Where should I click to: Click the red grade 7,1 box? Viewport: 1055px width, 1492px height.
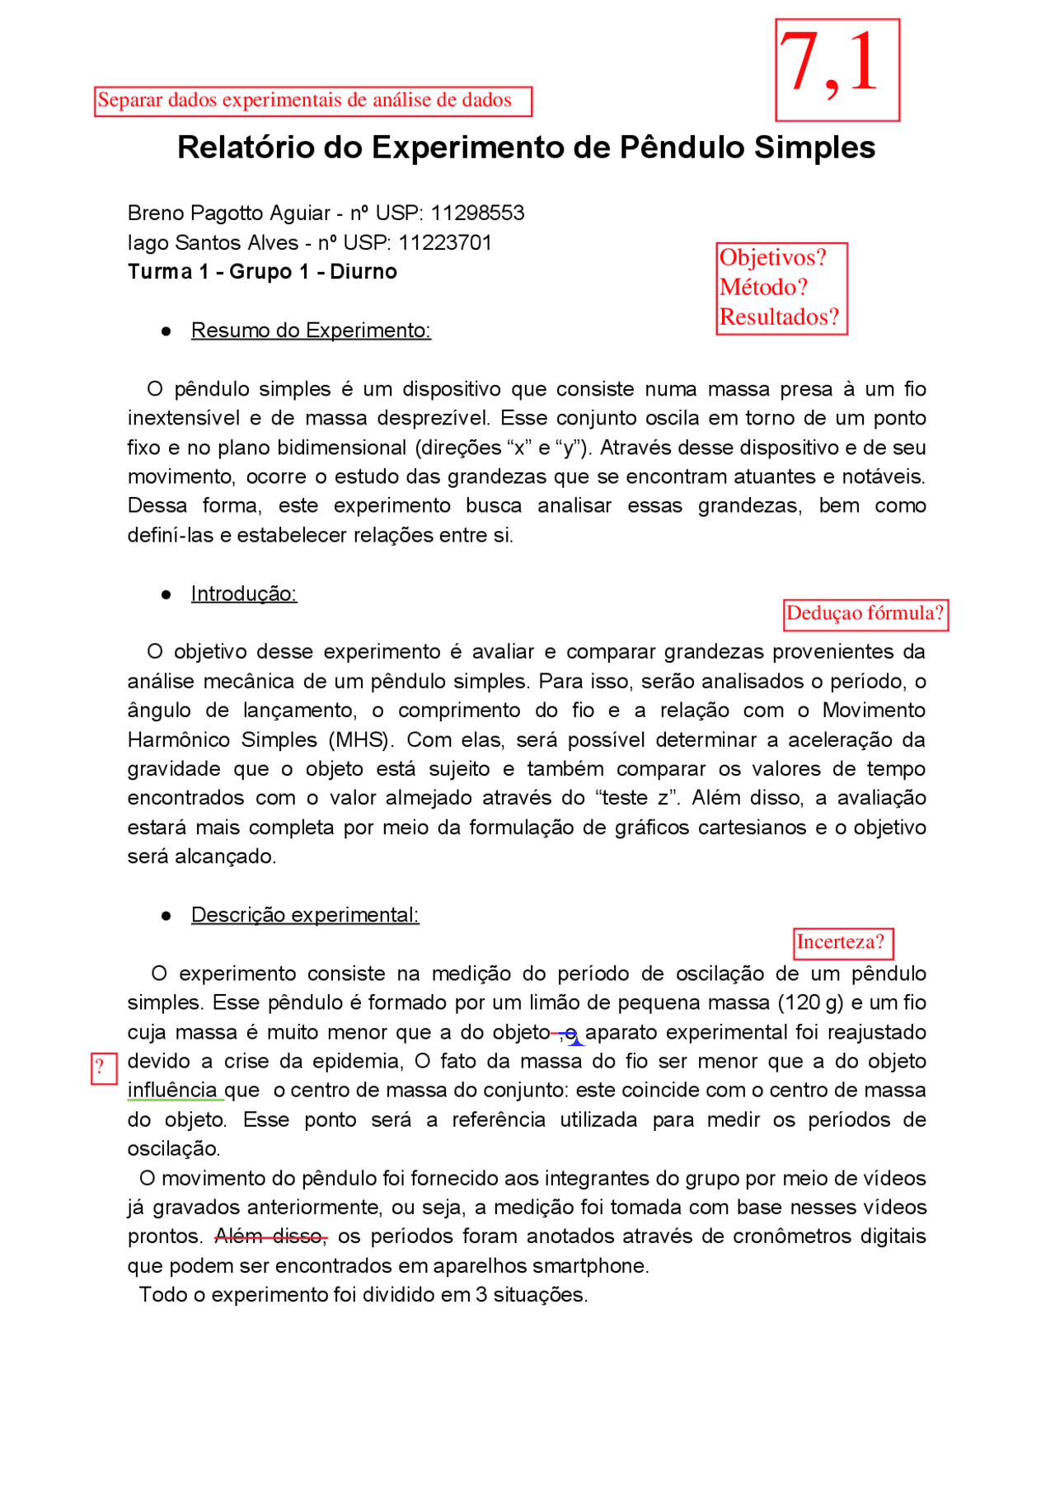click(x=837, y=70)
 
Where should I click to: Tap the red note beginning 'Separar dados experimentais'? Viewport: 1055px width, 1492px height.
click(x=312, y=101)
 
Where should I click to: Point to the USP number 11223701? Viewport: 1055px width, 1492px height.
click(x=445, y=243)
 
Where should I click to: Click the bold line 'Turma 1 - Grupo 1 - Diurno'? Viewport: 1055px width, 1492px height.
click(x=262, y=272)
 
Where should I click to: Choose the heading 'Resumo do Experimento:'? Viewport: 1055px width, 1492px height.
click(x=311, y=331)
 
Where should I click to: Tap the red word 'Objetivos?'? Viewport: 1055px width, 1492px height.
click(x=772, y=258)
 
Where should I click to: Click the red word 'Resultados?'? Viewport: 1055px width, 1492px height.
click(x=779, y=317)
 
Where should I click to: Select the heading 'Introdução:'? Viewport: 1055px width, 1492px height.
click(x=243, y=594)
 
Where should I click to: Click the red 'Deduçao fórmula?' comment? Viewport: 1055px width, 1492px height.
click(x=865, y=614)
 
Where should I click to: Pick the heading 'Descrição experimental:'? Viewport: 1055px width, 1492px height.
click(x=305, y=915)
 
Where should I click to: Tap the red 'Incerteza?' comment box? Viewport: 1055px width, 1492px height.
click(x=842, y=942)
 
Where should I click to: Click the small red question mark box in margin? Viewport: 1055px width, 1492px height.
click(x=102, y=1068)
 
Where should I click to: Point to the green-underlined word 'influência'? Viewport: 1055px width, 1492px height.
click(x=172, y=1091)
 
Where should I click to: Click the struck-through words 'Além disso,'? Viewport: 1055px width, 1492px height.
click(x=270, y=1236)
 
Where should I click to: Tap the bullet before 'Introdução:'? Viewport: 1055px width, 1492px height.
click(x=166, y=594)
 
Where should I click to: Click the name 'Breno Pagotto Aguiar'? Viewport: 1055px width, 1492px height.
click(x=228, y=213)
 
